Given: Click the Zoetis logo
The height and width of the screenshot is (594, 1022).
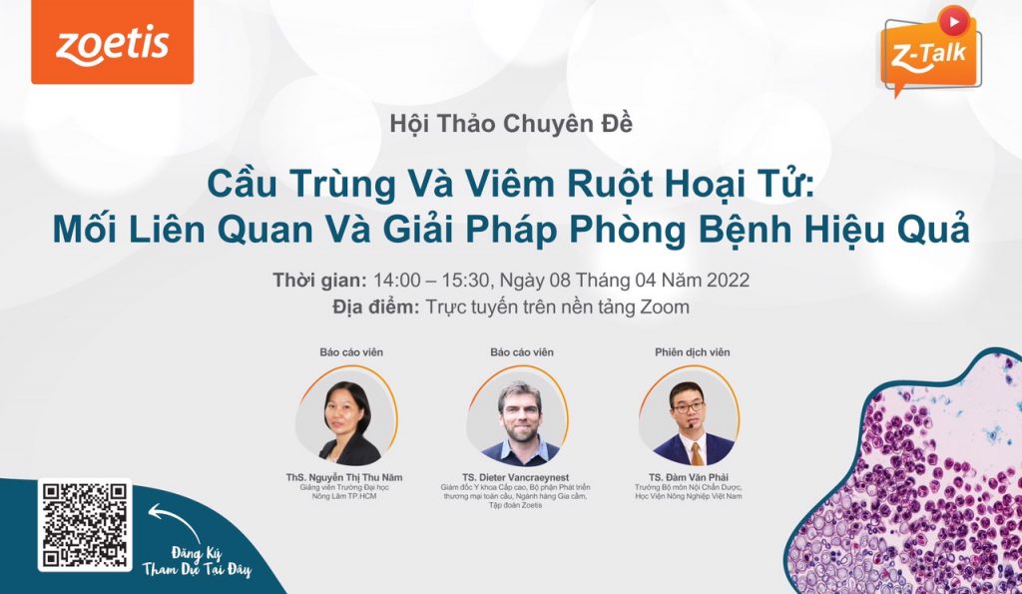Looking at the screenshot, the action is tap(112, 42).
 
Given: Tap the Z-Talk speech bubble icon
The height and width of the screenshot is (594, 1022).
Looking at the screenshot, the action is tap(931, 52).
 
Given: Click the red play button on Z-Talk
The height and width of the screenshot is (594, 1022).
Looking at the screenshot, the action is tap(954, 22).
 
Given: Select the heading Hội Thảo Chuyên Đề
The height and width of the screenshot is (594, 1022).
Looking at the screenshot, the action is tap(511, 124).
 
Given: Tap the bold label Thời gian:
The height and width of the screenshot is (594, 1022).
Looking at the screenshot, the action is tap(320, 281).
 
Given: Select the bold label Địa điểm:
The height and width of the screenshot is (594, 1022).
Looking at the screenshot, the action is tap(375, 306).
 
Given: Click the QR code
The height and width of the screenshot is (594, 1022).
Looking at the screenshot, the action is tap(85, 525).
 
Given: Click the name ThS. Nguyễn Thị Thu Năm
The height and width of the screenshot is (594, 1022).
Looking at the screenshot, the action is tap(343, 477).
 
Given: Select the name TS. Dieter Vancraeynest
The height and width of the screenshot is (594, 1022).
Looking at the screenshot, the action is tap(516, 477).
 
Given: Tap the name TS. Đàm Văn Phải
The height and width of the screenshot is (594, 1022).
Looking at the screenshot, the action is tap(689, 477).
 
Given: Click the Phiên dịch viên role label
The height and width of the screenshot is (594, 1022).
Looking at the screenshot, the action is tap(693, 352).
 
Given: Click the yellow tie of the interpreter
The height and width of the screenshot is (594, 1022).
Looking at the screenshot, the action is tap(697, 452).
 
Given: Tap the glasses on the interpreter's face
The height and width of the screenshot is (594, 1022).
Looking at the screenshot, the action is tap(689, 407).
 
